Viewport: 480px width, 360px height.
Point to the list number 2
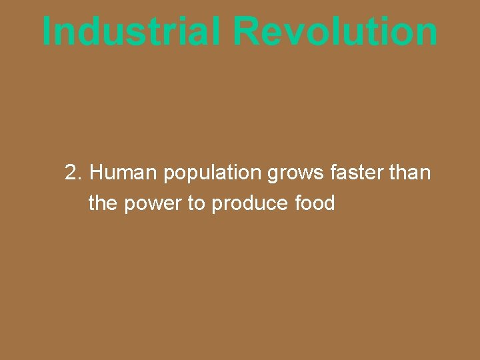click(x=73, y=173)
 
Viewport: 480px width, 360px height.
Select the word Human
click(x=124, y=173)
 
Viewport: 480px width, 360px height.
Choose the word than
click(x=410, y=173)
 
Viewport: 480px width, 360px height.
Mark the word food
click(x=314, y=203)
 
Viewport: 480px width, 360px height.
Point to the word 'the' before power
click(x=102, y=203)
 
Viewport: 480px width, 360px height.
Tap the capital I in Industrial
click(x=47, y=31)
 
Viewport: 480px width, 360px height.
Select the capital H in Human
click(x=97, y=173)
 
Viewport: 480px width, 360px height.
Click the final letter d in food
click(x=329, y=203)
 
